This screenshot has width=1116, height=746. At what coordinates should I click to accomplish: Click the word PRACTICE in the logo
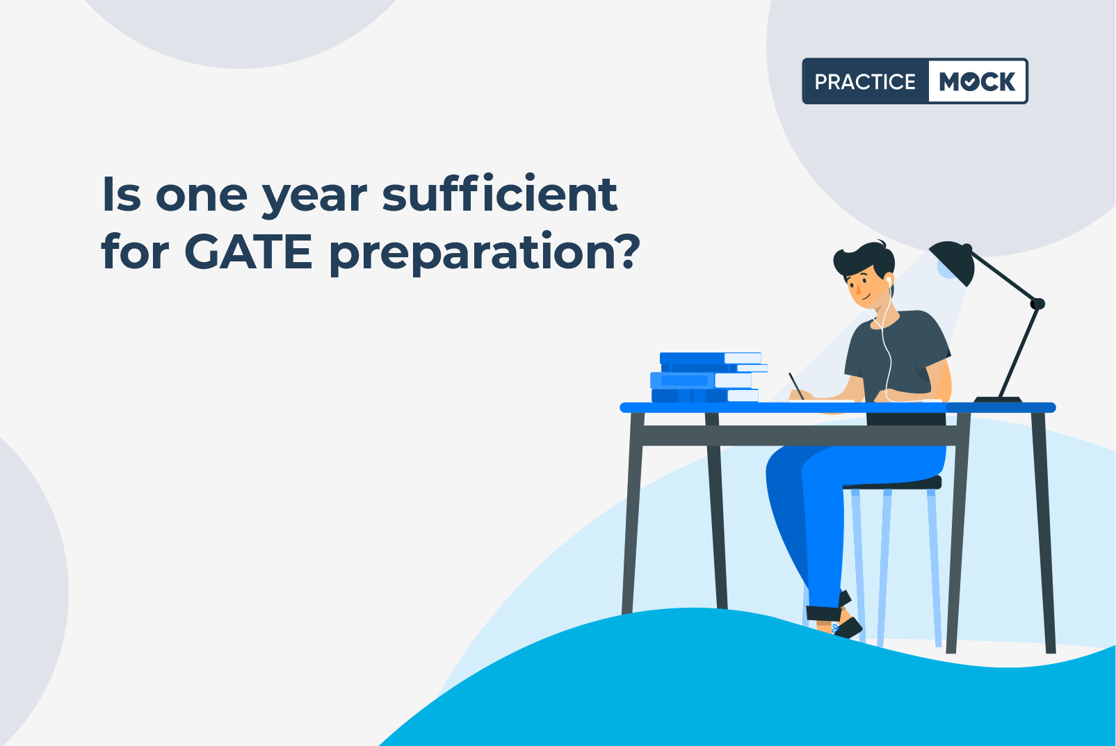coord(865,81)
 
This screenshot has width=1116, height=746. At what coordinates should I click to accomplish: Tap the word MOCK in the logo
coord(977,81)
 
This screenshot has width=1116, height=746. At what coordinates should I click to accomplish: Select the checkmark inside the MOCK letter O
coord(970,81)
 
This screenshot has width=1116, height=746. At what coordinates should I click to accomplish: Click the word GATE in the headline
coord(248,252)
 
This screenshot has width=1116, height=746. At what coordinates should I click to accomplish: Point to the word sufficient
coord(500,194)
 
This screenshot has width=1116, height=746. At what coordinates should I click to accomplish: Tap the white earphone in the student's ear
coord(889,281)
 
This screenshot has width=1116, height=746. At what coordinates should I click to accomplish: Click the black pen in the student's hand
coord(796,386)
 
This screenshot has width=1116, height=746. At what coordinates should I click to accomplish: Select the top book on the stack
coord(711,358)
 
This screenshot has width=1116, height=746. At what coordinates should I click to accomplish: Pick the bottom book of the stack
coord(705,396)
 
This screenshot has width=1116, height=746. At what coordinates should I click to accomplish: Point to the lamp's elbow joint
coord(1038,303)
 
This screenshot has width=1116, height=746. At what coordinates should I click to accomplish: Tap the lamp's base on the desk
coord(997,399)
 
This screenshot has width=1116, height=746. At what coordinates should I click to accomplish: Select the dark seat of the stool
coord(892,483)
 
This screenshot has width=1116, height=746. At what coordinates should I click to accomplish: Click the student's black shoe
coord(848,628)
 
